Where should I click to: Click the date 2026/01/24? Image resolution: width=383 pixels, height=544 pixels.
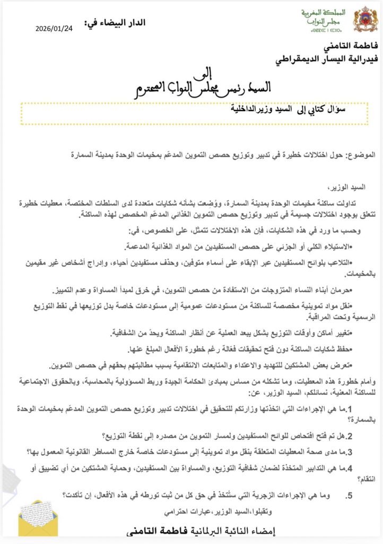click(x=55, y=30)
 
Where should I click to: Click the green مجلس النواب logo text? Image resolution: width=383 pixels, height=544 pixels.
click(x=321, y=20)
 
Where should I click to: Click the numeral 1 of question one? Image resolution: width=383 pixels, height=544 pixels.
click(x=372, y=407)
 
